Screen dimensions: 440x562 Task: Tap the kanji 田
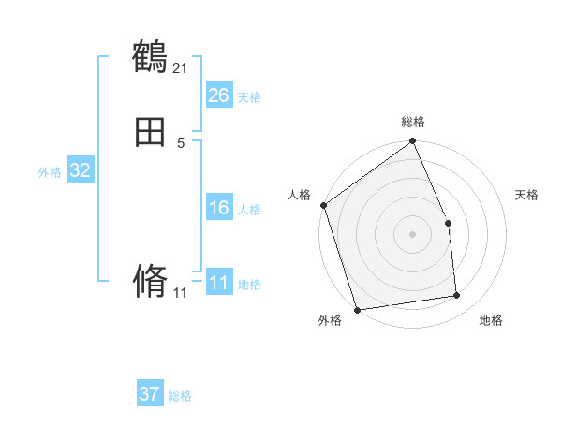[150, 134]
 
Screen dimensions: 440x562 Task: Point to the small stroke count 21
[180, 67]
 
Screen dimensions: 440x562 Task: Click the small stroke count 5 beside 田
[180, 142]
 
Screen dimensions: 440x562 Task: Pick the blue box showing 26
[218, 95]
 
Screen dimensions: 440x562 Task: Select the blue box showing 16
[218, 208]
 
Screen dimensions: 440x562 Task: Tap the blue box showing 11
[218, 283]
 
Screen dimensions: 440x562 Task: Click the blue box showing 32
[80, 170]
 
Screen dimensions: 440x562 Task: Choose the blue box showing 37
[150, 394]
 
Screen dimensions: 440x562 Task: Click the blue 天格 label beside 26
[249, 96]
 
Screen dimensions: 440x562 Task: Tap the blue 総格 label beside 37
[180, 396]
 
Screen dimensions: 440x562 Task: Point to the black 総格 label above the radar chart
[413, 122]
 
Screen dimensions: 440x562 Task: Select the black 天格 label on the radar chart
[526, 195]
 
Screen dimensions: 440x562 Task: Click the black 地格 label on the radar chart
[491, 320]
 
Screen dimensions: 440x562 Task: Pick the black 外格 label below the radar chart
[330, 320]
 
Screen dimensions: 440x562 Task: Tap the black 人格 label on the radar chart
[299, 195]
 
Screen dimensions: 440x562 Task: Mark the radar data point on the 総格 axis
[413, 142]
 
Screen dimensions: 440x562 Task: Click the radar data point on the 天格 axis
[448, 223]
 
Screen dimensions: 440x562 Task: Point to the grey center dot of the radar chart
[412, 234]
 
